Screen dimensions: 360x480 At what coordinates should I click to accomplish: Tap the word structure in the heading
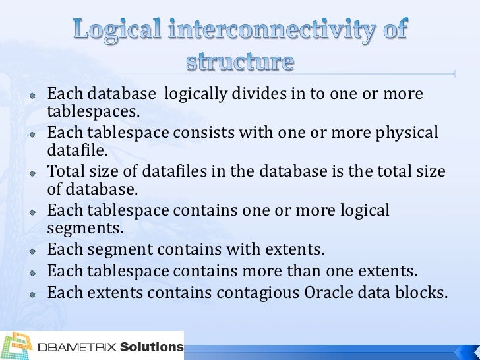239,62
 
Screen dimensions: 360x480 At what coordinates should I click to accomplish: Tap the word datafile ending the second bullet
75,152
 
